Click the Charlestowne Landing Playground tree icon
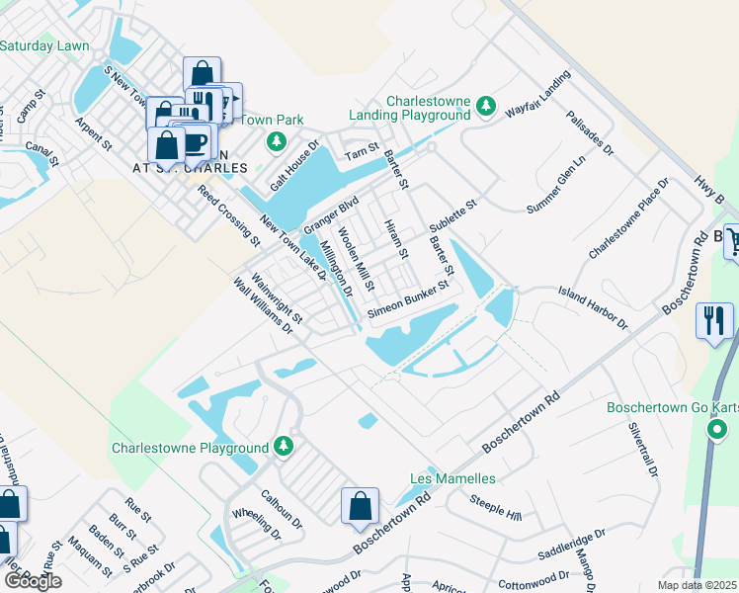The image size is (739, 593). (x=485, y=105)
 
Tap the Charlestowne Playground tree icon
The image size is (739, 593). (x=284, y=446)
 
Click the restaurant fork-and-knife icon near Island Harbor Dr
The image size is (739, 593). (x=714, y=320)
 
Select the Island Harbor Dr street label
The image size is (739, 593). (x=593, y=306)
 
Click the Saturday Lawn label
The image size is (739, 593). (x=44, y=45)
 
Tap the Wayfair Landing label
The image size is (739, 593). (x=538, y=94)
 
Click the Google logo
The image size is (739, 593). (x=33, y=580)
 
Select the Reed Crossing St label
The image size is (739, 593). (x=227, y=215)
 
